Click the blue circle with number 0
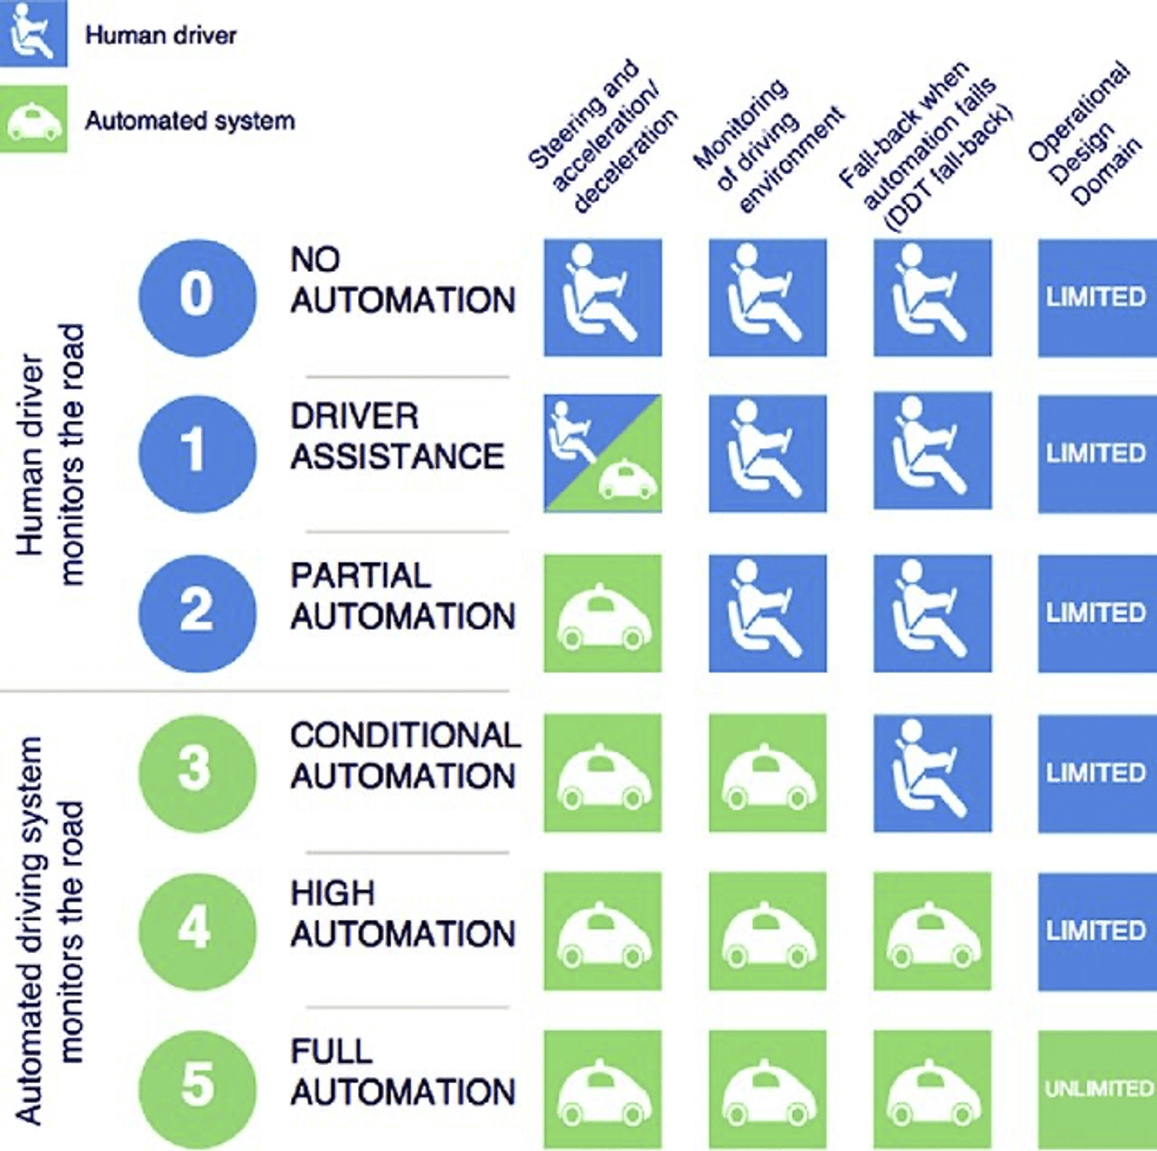click(197, 296)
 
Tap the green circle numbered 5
click(197, 1087)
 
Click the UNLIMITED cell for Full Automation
click(1097, 1089)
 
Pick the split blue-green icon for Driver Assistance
click(603, 454)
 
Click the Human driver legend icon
click(33, 33)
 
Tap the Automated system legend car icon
click(33, 119)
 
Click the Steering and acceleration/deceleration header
click(604, 136)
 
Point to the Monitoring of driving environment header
click(768, 145)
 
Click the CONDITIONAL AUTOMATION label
click(404, 755)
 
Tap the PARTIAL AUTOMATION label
click(402, 596)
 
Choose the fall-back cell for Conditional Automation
click(932, 773)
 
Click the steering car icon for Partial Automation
click(603, 613)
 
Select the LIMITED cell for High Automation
click(1097, 931)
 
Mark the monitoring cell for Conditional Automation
click(767, 773)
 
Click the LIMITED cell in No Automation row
click(1097, 297)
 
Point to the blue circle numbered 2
click(197, 613)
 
